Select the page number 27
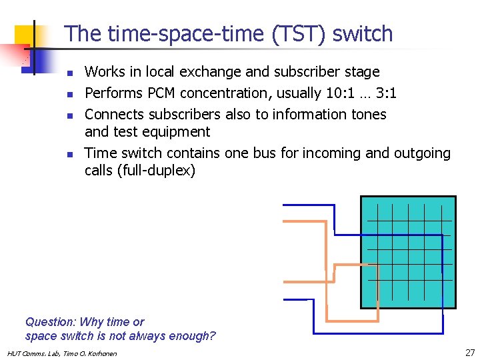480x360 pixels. coord(469,352)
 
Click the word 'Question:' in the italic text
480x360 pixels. coord(50,322)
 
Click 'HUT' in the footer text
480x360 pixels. coord(13,353)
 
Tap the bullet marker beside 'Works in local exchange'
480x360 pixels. coord(70,72)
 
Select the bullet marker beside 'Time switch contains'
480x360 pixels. coord(70,154)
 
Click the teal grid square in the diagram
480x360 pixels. coord(408,252)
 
